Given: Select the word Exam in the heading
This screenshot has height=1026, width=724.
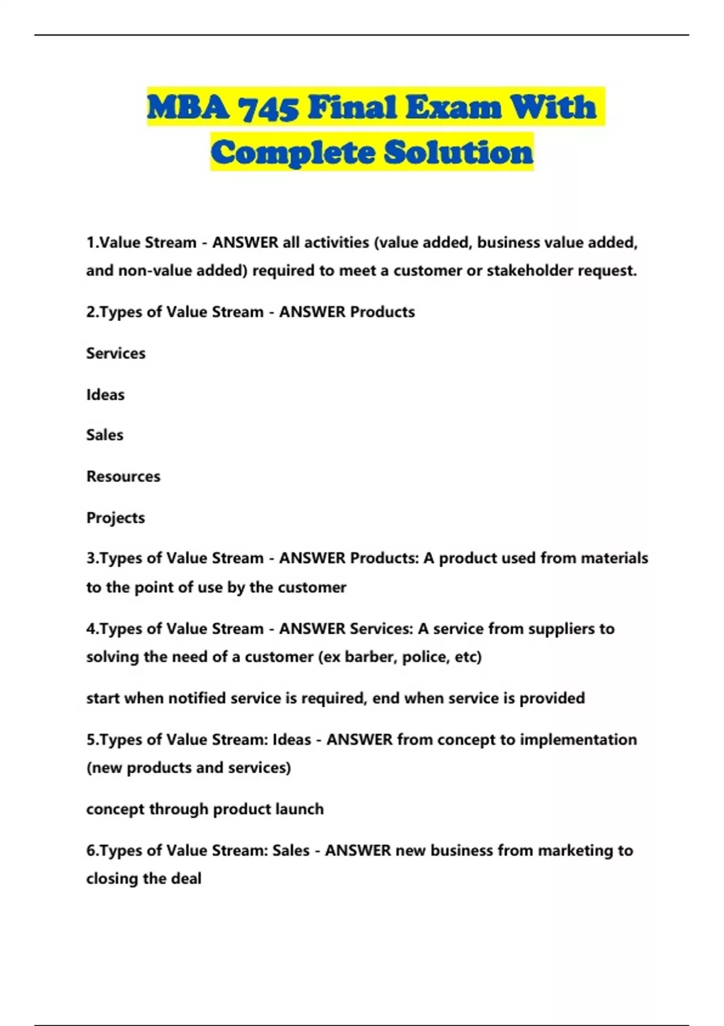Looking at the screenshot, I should coord(453,108).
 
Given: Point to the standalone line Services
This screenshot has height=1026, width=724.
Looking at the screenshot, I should coord(116,353).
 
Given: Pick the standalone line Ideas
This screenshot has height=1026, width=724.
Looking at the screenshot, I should coord(105,395).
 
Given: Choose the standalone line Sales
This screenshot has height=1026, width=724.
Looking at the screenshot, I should coord(104,435).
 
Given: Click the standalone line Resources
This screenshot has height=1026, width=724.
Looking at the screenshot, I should coord(123,476).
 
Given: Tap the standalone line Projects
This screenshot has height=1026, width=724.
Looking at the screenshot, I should coord(115,518).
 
